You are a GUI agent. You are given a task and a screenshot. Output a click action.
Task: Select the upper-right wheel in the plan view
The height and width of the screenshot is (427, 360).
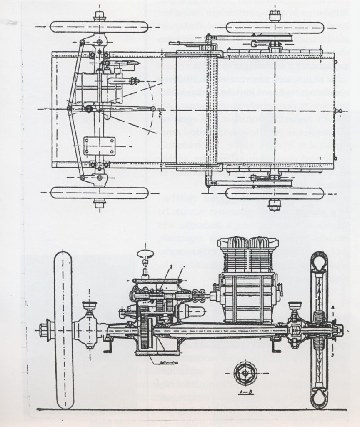click(275, 28)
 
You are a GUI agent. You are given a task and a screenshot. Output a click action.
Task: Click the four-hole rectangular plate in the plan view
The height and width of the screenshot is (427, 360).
click(99, 146)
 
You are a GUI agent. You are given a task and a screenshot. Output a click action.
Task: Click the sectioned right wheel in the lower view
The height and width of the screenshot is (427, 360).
click(320, 329)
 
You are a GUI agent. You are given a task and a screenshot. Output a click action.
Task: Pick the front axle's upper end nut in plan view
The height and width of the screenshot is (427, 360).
click(99, 15)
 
